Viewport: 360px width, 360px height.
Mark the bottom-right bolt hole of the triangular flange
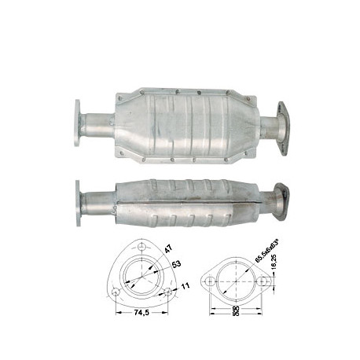point(167,292)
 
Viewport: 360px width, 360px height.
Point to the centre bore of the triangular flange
point(141,277)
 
